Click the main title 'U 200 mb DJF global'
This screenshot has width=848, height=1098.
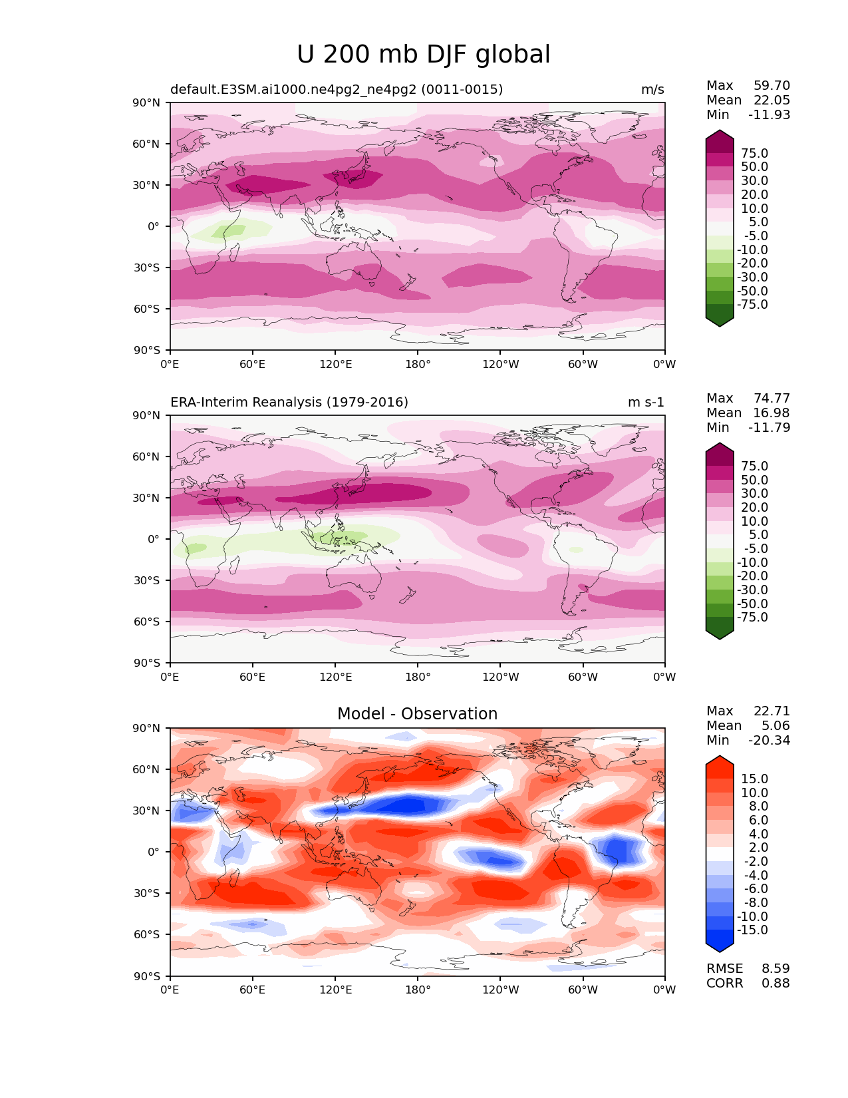[x=423, y=55]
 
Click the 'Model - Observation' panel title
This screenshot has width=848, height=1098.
[x=417, y=714]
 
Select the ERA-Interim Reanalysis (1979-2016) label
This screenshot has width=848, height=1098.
[x=289, y=402]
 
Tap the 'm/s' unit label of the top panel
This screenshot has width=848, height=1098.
[x=652, y=90]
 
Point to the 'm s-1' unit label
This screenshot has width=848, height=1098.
[x=646, y=402]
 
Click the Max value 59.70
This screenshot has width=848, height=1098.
[x=772, y=86]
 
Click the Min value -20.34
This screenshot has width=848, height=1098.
[x=769, y=741]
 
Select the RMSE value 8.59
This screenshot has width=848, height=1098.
[x=776, y=969]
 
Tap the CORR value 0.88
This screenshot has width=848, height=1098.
[x=776, y=984]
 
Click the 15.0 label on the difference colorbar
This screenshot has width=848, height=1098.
[x=754, y=779]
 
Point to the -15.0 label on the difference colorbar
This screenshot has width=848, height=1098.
[x=752, y=930]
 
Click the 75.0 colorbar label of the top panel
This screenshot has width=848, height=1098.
[x=754, y=154]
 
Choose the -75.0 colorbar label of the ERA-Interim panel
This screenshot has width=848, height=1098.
[x=752, y=618]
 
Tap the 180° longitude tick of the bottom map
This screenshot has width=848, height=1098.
[x=418, y=990]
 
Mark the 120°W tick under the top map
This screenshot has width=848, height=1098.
[x=501, y=364]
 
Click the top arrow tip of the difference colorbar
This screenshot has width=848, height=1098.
[x=720, y=757]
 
